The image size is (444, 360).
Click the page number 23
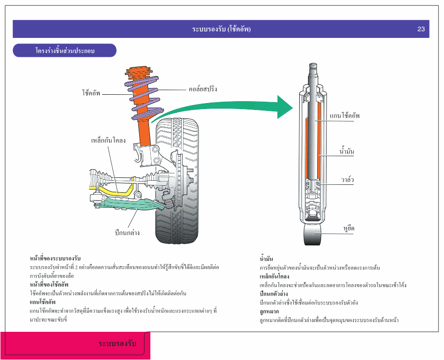421,29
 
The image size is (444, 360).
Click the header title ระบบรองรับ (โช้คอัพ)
221,29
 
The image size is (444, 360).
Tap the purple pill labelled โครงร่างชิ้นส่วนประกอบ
64,50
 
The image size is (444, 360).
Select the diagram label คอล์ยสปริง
203,89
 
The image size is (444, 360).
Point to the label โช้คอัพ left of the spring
91,93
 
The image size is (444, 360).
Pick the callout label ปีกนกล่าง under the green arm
127,232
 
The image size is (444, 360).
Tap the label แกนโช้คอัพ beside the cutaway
345,116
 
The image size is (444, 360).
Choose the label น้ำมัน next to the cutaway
346,151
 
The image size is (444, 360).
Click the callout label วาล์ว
348,179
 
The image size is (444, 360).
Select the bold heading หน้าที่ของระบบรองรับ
55,258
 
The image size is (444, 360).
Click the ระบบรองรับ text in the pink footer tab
117,344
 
